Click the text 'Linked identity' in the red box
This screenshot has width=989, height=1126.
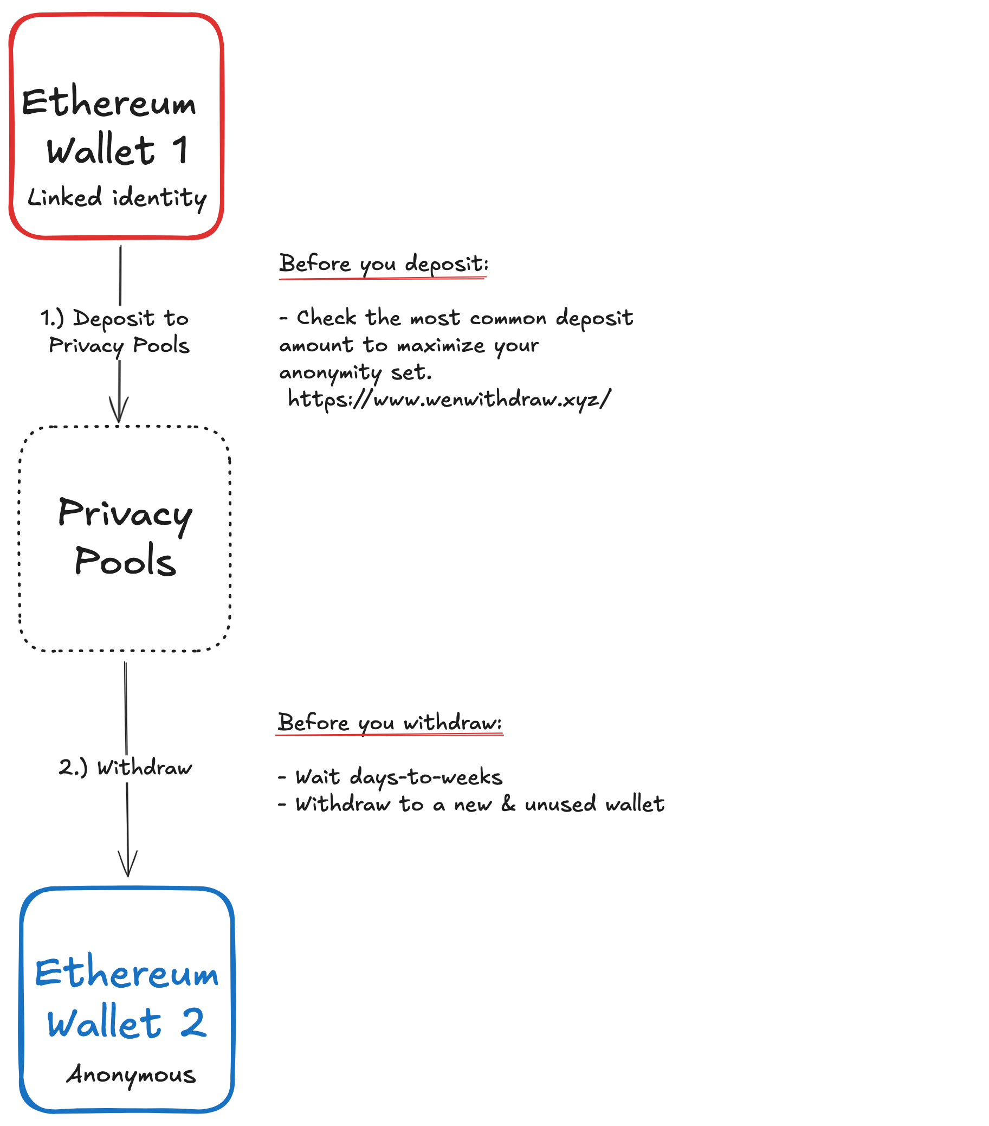117,197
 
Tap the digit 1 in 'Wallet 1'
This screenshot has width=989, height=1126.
180,150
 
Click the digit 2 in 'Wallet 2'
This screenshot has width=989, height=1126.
193,1022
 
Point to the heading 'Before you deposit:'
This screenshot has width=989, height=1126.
383,263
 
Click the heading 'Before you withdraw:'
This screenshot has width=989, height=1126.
389,722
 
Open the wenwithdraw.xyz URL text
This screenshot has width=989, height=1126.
449,398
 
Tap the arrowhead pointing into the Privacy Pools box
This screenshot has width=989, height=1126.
119,410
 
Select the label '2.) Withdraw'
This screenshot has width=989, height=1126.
126,767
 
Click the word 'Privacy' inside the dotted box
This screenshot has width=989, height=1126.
126,513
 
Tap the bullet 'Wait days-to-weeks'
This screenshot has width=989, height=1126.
398,777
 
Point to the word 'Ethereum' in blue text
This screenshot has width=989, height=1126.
127,973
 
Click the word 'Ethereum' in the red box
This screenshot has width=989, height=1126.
109,102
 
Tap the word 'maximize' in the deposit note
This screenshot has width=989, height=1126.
441,345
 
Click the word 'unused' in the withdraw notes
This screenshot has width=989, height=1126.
560,804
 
